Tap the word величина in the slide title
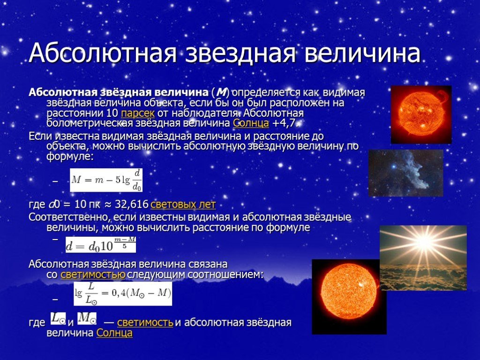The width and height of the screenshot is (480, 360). click(x=362, y=52)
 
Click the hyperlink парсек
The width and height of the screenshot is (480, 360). click(x=138, y=113)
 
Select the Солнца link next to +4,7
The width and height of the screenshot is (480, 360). click(x=251, y=123)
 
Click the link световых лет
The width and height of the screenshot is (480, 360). click(x=183, y=204)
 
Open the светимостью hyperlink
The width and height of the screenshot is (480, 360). click(x=93, y=275)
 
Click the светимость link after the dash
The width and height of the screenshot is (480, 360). click(x=145, y=322)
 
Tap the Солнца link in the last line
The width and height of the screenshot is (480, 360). click(x=114, y=333)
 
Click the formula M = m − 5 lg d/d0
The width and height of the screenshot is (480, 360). click(x=106, y=180)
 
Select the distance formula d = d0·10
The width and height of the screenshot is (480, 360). click(x=101, y=244)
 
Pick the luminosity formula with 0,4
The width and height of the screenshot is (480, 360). click(x=123, y=293)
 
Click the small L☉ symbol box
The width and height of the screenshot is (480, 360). click(x=58, y=318)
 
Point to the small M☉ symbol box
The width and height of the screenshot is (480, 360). click(x=87, y=318)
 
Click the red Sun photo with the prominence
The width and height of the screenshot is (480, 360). click(x=421, y=115)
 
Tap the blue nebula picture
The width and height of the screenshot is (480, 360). click(x=405, y=173)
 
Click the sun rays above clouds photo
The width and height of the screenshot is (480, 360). click(x=423, y=258)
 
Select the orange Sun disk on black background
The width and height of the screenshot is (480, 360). click(x=349, y=297)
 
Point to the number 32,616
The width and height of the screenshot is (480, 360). click(x=132, y=204)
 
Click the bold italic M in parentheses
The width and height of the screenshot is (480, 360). click(x=220, y=92)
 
